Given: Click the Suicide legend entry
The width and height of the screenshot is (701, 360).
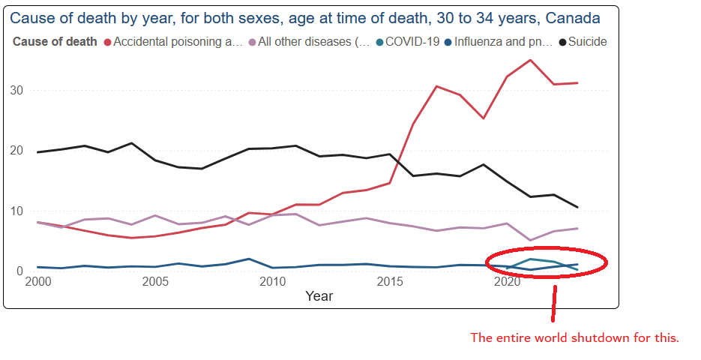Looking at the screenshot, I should click(x=587, y=42).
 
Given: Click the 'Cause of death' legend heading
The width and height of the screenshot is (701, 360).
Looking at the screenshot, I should click(x=55, y=42).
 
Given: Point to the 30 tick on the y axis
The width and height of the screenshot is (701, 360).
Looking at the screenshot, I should click(x=17, y=91).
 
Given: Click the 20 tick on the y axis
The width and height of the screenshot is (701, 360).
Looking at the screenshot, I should click(x=17, y=151).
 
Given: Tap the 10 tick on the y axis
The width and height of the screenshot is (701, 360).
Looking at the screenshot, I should click(x=17, y=211).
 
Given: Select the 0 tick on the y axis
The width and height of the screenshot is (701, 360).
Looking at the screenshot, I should click(x=20, y=271).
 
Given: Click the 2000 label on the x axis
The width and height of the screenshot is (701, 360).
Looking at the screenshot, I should click(x=37, y=282).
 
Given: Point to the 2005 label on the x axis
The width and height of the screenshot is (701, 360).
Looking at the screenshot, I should click(x=155, y=282).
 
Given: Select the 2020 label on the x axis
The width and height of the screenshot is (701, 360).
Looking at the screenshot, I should click(x=508, y=282).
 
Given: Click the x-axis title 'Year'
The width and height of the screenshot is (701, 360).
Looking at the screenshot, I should click(x=319, y=296).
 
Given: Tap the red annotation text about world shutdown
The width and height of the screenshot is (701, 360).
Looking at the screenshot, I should click(x=574, y=337).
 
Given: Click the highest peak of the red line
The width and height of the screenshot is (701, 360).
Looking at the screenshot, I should click(x=531, y=60).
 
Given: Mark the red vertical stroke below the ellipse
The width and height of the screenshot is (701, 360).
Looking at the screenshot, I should click(x=554, y=303).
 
